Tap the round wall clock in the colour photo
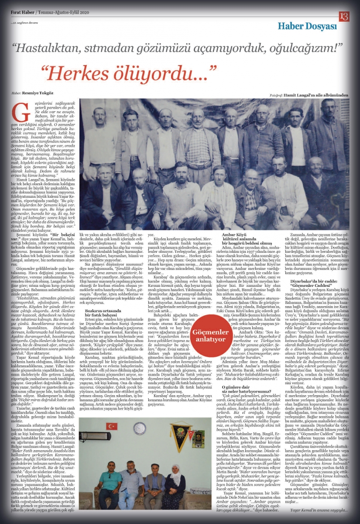pos(139,429)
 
